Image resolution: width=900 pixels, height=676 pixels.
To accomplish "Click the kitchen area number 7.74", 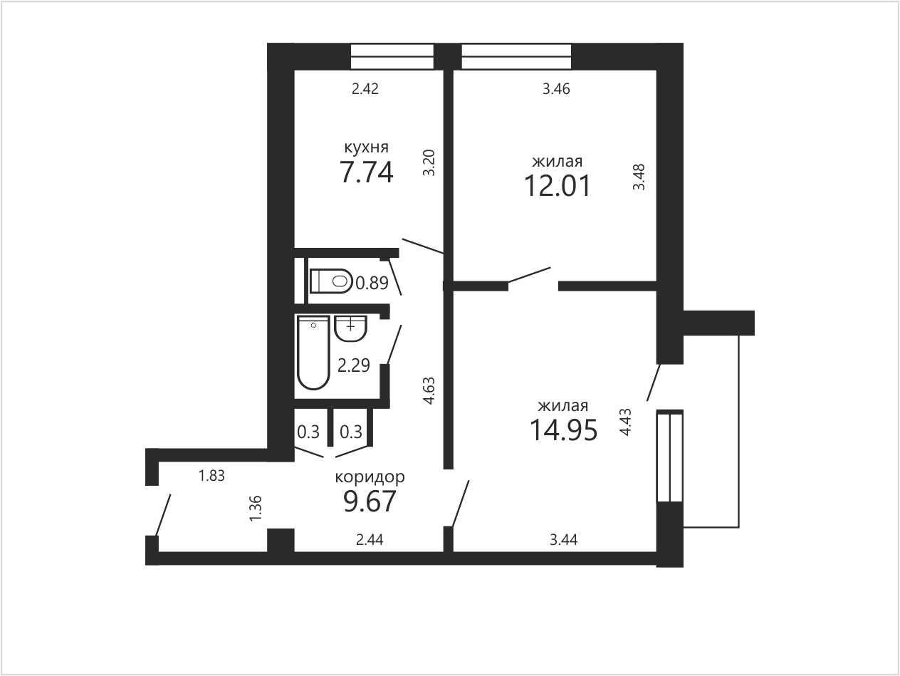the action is [367, 172].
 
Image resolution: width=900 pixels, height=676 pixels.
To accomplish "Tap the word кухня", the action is [366, 147].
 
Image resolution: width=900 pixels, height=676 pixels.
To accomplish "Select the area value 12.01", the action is [557, 186].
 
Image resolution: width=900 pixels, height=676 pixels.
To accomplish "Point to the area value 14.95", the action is [563, 430].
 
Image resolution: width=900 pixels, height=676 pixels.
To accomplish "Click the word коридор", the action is [370, 477].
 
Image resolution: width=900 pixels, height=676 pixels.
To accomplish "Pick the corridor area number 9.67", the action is [370, 501].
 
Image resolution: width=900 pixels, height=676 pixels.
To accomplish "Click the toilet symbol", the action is [331, 281].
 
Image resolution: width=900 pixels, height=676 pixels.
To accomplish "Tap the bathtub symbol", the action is [314, 353].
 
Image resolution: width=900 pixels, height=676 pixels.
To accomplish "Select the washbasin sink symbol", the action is [350, 328].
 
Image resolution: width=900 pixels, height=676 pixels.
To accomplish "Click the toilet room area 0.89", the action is [372, 283].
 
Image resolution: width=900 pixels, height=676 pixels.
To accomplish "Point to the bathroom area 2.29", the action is [353, 365].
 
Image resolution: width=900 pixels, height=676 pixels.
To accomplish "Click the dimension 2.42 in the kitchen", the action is [365, 88].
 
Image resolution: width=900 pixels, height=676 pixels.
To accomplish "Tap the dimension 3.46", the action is [556, 88].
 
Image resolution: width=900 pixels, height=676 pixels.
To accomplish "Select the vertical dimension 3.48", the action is [639, 177].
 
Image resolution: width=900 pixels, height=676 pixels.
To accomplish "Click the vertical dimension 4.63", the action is [429, 391].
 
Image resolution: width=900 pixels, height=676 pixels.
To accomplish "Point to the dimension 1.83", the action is [211, 476].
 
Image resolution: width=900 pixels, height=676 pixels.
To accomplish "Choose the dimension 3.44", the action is [563, 540].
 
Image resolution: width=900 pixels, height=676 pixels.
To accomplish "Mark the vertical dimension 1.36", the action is [256, 509].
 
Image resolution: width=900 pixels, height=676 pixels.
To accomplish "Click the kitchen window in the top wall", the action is [392, 56].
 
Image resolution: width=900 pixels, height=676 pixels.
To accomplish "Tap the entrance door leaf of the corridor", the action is [164, 515].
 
